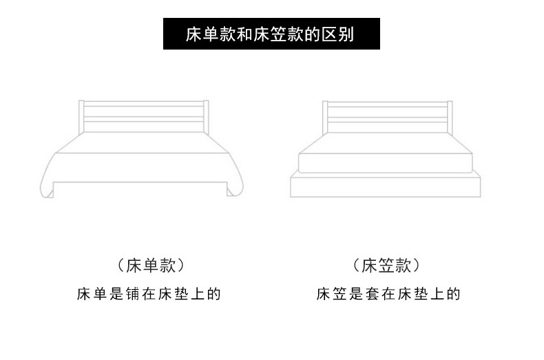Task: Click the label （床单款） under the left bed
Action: [x=151, y=266]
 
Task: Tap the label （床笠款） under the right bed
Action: [x=386, y=266]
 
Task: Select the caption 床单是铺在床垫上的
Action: [x=148, y=295]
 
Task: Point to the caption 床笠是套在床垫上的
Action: [x=388, y=295]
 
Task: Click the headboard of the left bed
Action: [x=144, y=116]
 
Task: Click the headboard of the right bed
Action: [x=386, y=116]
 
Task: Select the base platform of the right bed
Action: [x=386, y=187]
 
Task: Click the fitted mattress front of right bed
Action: [x=386, y=164]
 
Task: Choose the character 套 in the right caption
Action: [x=374, y=295]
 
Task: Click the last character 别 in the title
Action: [x=346, y=34]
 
